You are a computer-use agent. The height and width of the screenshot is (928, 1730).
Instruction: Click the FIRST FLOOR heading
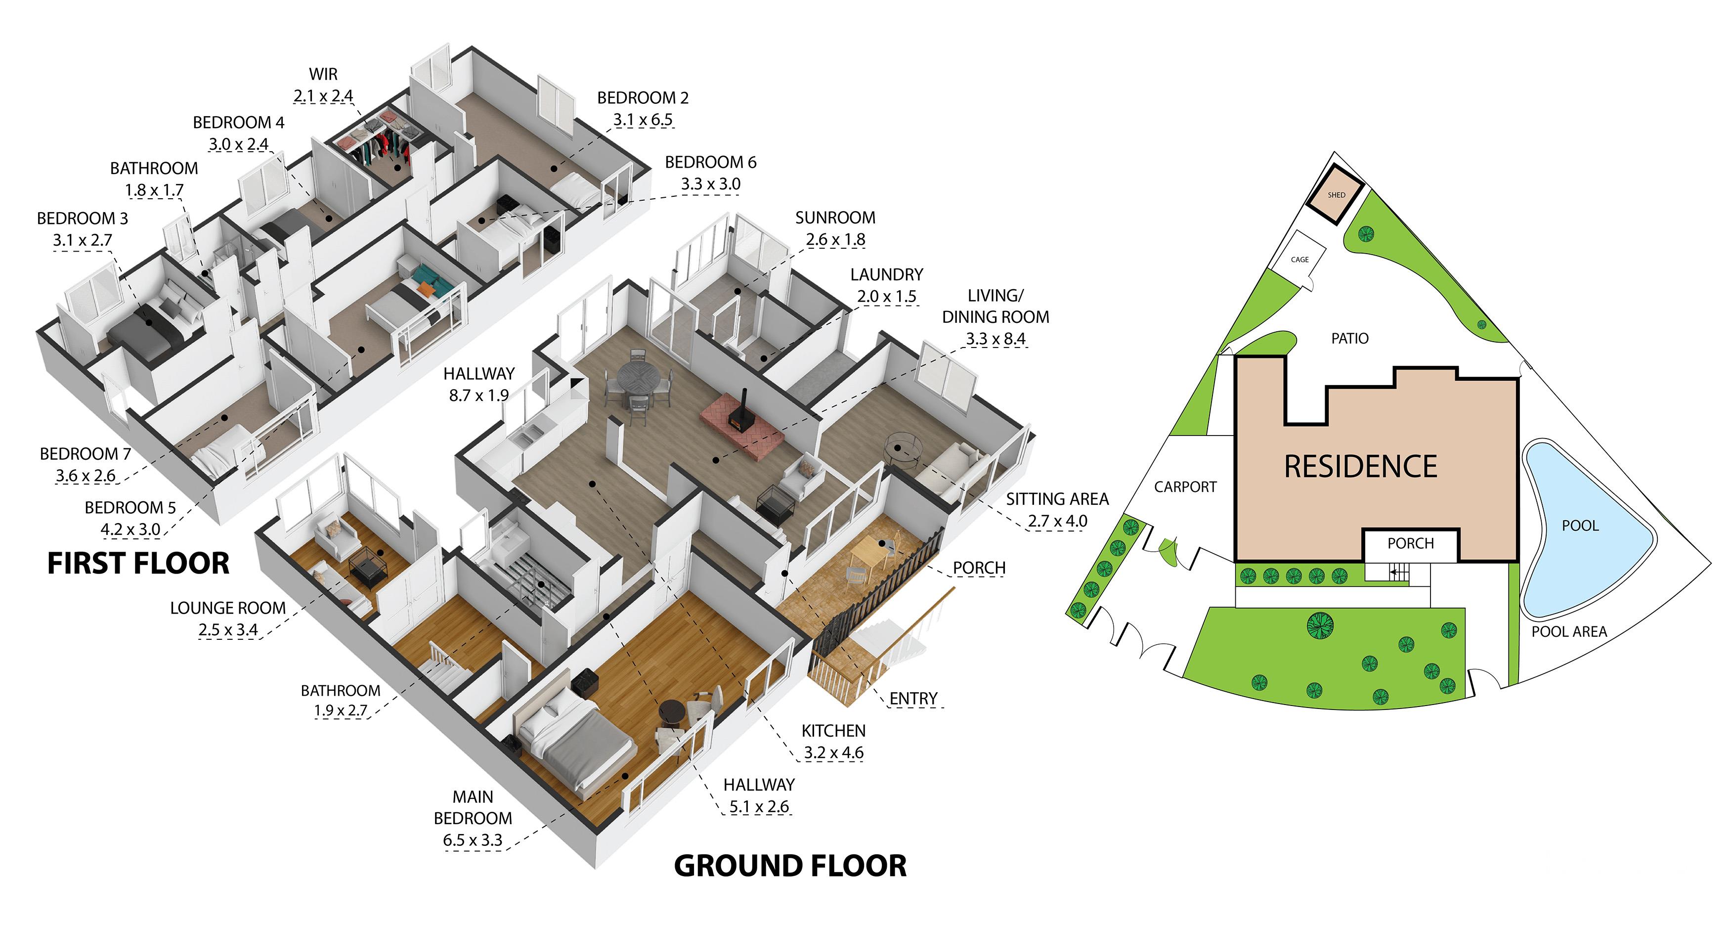pyautogui.click(x=138, y=563)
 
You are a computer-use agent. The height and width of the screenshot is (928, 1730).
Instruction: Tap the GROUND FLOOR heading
pyautogui.click(x=790, y=866)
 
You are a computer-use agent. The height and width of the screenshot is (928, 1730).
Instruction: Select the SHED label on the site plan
pyautogui.click(x=1337, y=195)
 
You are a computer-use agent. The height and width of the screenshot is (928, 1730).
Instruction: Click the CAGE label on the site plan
pyautogui.click(x=1299, y=260)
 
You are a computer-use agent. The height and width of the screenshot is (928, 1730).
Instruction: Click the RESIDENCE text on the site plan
pyautogui.click(x=1361, y=466)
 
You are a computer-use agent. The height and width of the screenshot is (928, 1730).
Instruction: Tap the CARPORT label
pyautogui.click(x=1185, y=486)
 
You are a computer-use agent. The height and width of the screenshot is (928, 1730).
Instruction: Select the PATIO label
pyautogui.click(x=1350, y=338)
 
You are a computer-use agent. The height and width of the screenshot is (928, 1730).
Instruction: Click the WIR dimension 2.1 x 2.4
pyautogui.click(x=323, y=96)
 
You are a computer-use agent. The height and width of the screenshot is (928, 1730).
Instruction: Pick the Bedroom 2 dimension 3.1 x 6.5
pyautogui.click(x=643, y=120)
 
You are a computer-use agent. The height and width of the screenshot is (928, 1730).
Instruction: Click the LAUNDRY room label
pyautogui.click(x=886, y=274)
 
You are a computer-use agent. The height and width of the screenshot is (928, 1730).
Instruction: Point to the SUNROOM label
pyautogui.click(x=835, y=218)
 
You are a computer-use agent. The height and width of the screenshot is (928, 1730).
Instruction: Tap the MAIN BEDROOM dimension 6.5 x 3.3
pyautogui.click(x=473, y=840)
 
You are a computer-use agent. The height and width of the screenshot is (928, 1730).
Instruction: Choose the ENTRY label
pyautogui.click(x=913, y=699)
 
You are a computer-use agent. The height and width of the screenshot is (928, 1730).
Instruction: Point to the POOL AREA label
pyautogui.click(x=1569, y=632)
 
